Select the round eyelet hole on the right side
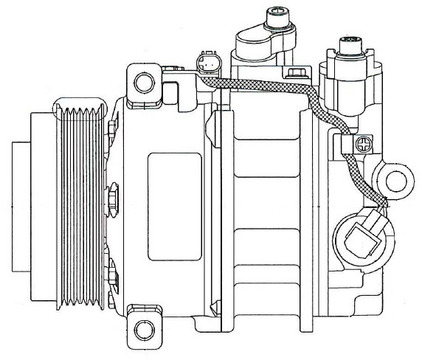tap(397, 177)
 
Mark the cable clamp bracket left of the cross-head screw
tap(347, 145)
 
